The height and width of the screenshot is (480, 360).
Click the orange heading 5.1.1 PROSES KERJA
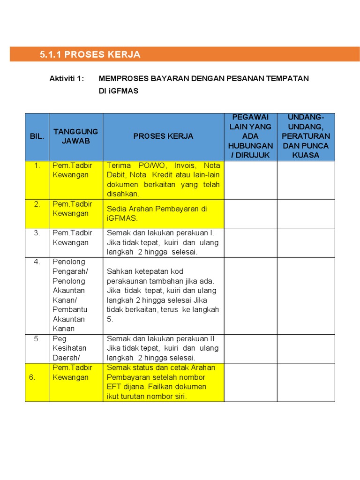click(x=90, y=54)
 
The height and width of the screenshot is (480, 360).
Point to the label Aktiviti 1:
click(x=67, y=78)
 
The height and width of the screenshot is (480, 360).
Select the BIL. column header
click(x=37, y=136)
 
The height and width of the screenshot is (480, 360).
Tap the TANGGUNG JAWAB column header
click(x=75, y=136)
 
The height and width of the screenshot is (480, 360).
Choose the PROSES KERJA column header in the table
click(x=163, y=136)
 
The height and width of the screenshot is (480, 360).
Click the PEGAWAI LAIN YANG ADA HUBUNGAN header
click(x=250, y=136)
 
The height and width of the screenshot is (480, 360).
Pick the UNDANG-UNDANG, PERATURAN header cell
click(x=306, y=136)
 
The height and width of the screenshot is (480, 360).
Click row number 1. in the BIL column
click(x=37, y=165)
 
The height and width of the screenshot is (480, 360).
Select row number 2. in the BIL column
click(x=37, y=204)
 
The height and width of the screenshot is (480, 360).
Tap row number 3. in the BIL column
click(x=37, y=233)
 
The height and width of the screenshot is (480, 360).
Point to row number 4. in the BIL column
click(x=37, y=262)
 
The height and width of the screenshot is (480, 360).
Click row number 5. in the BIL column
click(x=37, y=338)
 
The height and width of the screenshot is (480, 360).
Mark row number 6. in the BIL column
click(x=32, y=377)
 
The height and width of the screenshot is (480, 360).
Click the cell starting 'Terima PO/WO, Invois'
click(x=163, y=180)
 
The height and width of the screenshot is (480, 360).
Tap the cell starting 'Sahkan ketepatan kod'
click(x=163, y=295)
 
